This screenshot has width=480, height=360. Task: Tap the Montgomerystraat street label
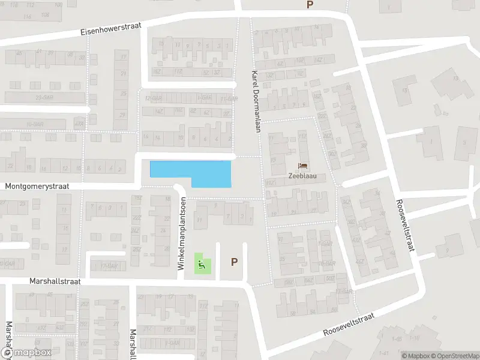point(37,187)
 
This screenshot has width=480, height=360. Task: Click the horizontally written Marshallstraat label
point(55,281)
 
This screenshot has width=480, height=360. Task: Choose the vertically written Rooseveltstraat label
point(402,225)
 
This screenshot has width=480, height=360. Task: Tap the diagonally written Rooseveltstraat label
point(348,324)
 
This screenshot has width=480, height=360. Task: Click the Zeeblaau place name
point(302,177)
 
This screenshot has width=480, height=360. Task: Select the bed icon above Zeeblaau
point(302,166)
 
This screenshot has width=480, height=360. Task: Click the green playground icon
point(203,263)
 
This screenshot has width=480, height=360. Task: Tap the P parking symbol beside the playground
point(234,262)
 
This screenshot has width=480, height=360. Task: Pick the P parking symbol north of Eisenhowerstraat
point(310,5)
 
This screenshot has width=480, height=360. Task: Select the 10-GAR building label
point(36,124)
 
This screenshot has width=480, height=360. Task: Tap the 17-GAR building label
point(109,265)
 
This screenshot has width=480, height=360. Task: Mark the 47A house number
point(78,123)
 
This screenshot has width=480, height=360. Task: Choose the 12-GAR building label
point(153,98)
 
